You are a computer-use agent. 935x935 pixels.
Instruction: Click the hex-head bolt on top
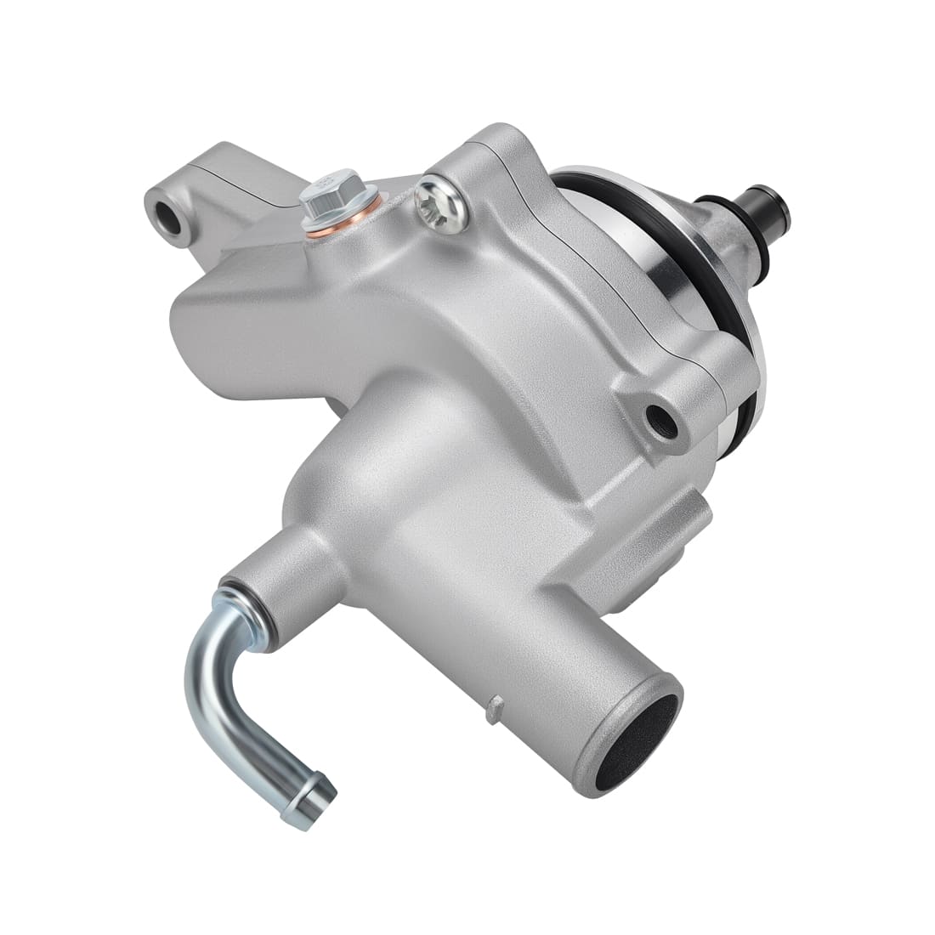point(330,195)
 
